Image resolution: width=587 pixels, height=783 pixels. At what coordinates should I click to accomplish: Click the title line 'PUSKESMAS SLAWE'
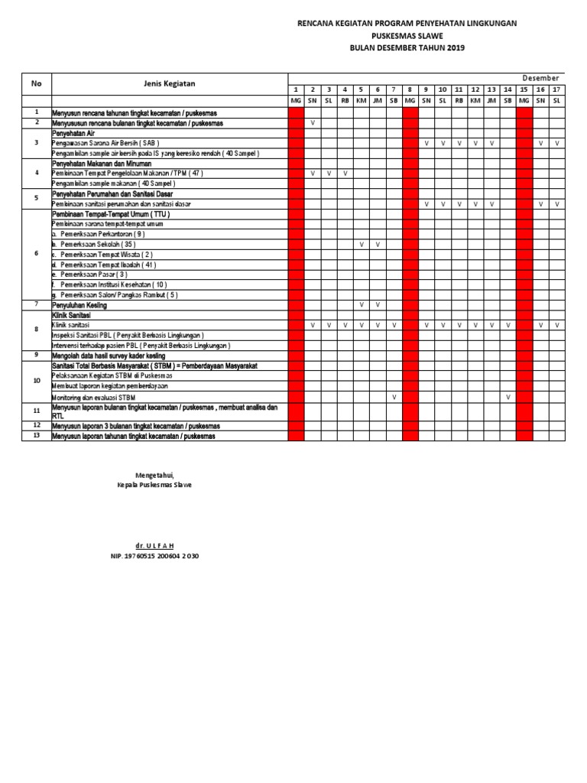tap(407, 36)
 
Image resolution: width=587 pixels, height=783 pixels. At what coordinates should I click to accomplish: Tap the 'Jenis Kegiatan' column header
tap(169, 83)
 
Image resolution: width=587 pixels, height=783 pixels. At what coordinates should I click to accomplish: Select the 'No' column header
tap(36, 83)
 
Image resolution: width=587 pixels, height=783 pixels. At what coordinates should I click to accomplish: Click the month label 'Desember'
tap(541, 78)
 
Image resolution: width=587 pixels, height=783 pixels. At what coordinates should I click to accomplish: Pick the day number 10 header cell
tap(442, 89)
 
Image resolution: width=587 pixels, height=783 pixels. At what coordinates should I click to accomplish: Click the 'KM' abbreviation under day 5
tap(362, 101)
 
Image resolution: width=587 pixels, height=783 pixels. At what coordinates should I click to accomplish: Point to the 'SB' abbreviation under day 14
tap(508, 101)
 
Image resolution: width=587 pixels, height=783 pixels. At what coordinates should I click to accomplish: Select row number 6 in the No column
tap(36, 254)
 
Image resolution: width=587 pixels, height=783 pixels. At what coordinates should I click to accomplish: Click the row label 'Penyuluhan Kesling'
tap(79, 305)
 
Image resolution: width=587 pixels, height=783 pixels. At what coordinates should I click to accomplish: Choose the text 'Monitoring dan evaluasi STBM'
tap(95, 398)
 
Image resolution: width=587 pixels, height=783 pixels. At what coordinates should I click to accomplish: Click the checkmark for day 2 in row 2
tap(313, 122)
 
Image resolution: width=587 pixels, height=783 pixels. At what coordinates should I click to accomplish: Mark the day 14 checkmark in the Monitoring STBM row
tap(508, 397)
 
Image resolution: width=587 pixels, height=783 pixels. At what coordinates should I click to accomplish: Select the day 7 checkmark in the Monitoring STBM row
tap(394, 397)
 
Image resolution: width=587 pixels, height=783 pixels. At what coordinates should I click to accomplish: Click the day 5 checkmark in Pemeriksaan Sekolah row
tap(362, 244)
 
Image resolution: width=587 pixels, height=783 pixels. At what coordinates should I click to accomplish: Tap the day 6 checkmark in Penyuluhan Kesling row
tap(378, 305)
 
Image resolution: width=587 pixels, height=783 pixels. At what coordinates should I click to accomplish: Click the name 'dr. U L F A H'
tap(154, 544)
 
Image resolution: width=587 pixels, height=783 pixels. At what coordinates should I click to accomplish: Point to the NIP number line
tap(154, 556)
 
